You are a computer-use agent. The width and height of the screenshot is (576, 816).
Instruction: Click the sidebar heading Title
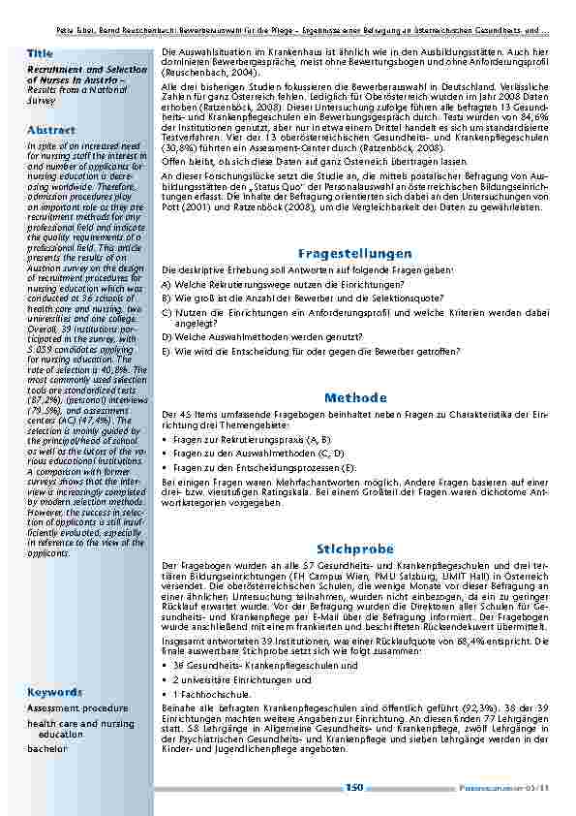coord(40,52)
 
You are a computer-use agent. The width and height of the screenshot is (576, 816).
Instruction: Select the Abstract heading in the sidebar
coord(51,129)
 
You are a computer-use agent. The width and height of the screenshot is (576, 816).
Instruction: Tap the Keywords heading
coord(54,692)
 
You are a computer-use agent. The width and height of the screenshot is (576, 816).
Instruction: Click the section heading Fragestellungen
coord(355,253)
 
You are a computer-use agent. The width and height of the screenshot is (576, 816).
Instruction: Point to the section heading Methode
coord(355,397)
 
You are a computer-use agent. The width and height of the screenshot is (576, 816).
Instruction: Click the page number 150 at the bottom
coord(354,787)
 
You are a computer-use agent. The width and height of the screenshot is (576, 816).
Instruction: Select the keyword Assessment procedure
coord(77,708)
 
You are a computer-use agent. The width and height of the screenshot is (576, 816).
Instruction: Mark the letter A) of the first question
coord(167,284)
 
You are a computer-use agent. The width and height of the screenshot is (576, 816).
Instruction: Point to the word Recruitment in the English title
coord(56,71)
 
